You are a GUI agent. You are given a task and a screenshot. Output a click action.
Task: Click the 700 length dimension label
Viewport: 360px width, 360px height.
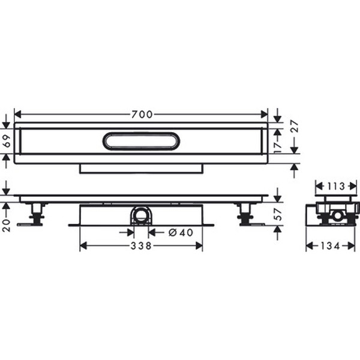tap(142, 114)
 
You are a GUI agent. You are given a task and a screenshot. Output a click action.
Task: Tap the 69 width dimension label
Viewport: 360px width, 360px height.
tap(7, 141)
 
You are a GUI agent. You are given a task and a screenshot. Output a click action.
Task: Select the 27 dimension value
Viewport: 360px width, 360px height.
tap(295, 126)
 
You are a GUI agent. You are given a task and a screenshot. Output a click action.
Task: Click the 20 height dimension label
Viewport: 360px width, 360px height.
tap(7, 226)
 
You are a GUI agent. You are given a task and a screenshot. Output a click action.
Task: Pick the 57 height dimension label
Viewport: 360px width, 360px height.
tap(278, 214)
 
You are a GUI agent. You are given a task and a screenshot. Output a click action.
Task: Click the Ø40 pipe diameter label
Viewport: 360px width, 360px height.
tap(181, 233)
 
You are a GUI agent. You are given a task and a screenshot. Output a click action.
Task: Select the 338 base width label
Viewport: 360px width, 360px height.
tap(141, 246)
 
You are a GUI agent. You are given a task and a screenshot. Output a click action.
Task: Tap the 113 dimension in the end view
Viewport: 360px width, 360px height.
tap(336, 186)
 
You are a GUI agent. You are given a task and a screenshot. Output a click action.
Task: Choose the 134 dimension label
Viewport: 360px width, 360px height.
tap(331, 246)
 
